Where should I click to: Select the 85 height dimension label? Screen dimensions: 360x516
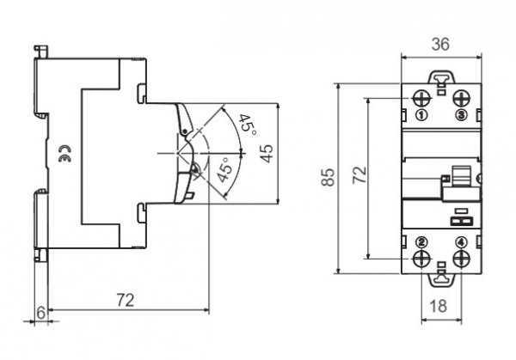pyautogui.click(x=328, y=177)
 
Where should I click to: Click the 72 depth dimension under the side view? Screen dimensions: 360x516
pyautogui.click(x=126, y=300)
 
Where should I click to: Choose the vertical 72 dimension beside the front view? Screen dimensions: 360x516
pyautogui.click(x=360, y=177)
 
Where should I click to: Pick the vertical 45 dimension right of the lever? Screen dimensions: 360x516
pyautogui.click(x=267, y=153)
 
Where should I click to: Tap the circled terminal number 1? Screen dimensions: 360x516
pyautogui.click(x=421, y=114)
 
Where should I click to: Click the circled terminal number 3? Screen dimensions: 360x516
pyautogui.click(x=461, y=114)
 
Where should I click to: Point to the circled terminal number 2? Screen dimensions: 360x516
pyautogui.click(x=421, y=241)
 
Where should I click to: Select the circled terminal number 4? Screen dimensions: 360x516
pyautogui.click(x=461, y=241)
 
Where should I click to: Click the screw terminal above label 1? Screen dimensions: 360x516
pyautogui.click(x=422, y=96)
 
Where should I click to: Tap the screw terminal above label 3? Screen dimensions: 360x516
pyautogui.click(x=461, y=96)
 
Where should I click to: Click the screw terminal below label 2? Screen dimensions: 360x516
pyautogui.click(x=422, y=259)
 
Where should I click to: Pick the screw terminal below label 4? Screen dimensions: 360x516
pyautogui.click(x=461, y=259)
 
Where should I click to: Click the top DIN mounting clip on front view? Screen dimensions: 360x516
pyautogui.click(x=441, y=79)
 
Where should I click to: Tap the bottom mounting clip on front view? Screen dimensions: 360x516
pyautogui.click(x=441, y=274)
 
